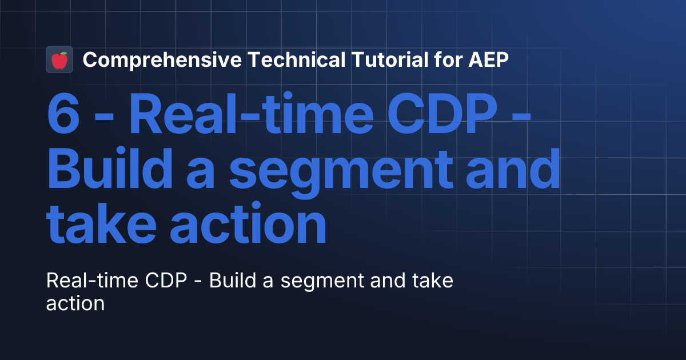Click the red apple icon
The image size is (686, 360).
[x=59, y=59]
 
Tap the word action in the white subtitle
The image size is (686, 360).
[x=75, y=303]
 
